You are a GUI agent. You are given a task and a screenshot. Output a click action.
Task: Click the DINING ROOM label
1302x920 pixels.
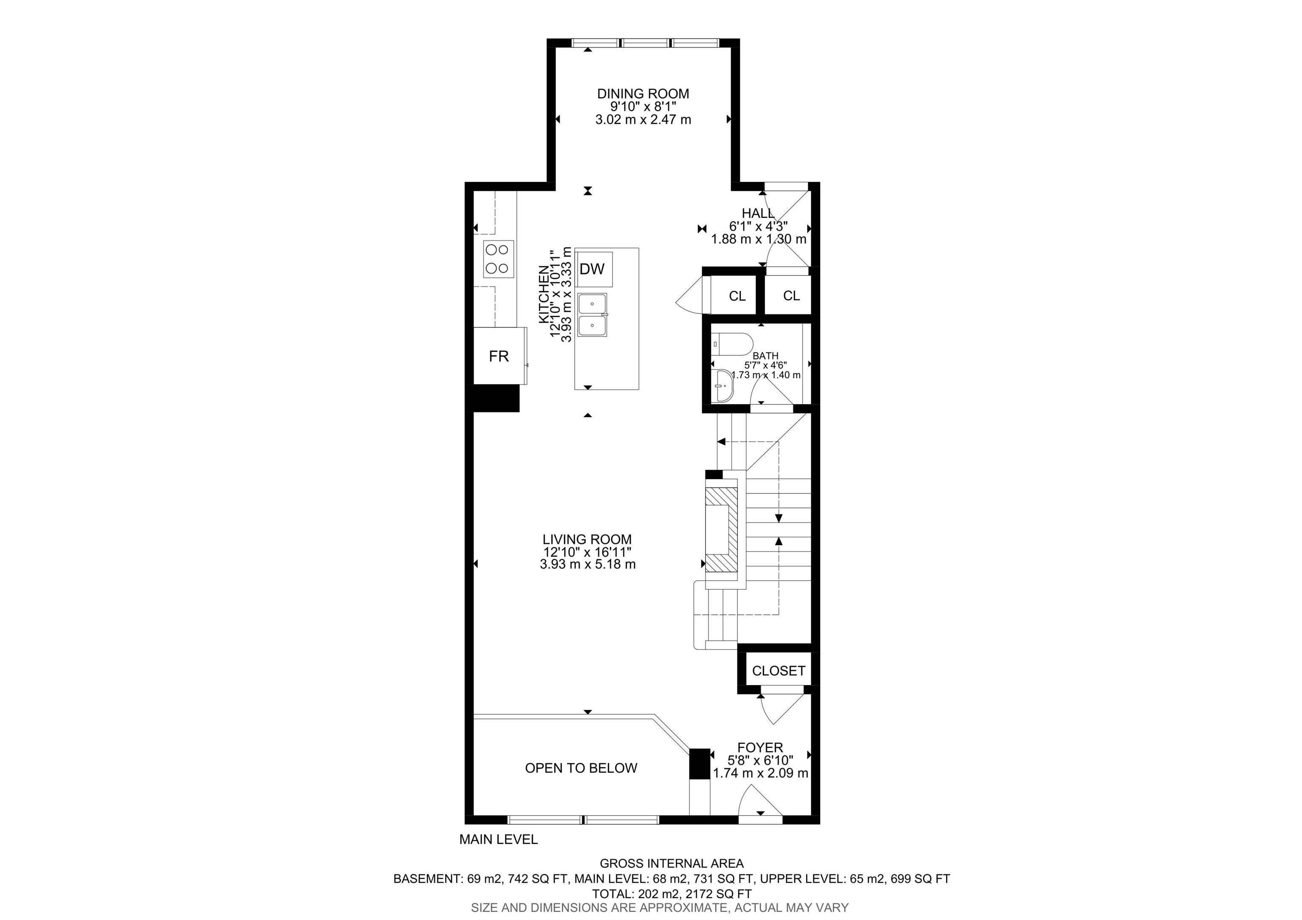pyautogui.click(x=643, y=94)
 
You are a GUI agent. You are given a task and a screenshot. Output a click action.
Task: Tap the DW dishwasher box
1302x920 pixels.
pyautogui.click(x=592, y=269)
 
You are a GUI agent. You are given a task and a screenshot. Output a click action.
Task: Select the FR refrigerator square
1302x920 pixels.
pyautogui.click(x=499, y=356)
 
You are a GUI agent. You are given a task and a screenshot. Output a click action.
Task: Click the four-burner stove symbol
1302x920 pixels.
pyautogui.click(x=101, y=259)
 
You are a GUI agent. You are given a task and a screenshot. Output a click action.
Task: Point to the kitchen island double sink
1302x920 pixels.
pyautogui.click(x=592, y=315)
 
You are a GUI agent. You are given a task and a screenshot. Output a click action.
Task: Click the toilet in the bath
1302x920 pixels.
pyautogui.click(x=732, y=344)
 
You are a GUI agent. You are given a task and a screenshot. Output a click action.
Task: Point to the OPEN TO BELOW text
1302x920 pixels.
pyautogui.click(x=581, y=768)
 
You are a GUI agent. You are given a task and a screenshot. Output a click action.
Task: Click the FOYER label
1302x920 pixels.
pyautogui.click(x=760, y=747)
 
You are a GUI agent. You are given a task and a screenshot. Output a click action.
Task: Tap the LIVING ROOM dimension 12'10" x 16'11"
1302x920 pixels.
pyautogui.click(x=587, y=552)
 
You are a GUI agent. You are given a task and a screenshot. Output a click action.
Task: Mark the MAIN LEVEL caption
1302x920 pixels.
pyautogui.click(x=498, y=839)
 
